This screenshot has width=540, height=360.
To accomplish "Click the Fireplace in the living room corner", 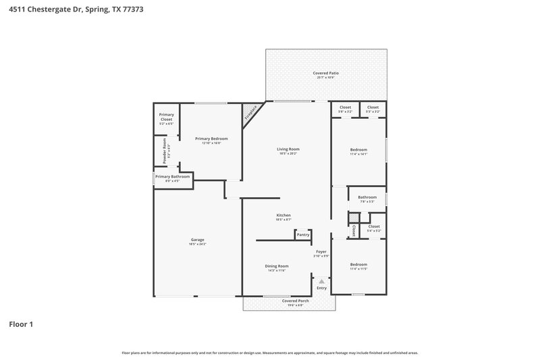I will (251, 111).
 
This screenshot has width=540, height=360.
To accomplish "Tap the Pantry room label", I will (302, 234).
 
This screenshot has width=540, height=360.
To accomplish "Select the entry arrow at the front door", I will (322, 280).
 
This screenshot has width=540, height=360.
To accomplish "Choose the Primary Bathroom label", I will (172, 177).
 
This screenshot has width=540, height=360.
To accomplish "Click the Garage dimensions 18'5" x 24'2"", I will (197, 244).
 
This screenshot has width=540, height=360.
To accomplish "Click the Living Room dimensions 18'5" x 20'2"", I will (288, 153).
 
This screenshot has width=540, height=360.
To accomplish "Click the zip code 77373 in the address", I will (132, 10).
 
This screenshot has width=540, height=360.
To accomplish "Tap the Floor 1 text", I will (21, 324).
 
